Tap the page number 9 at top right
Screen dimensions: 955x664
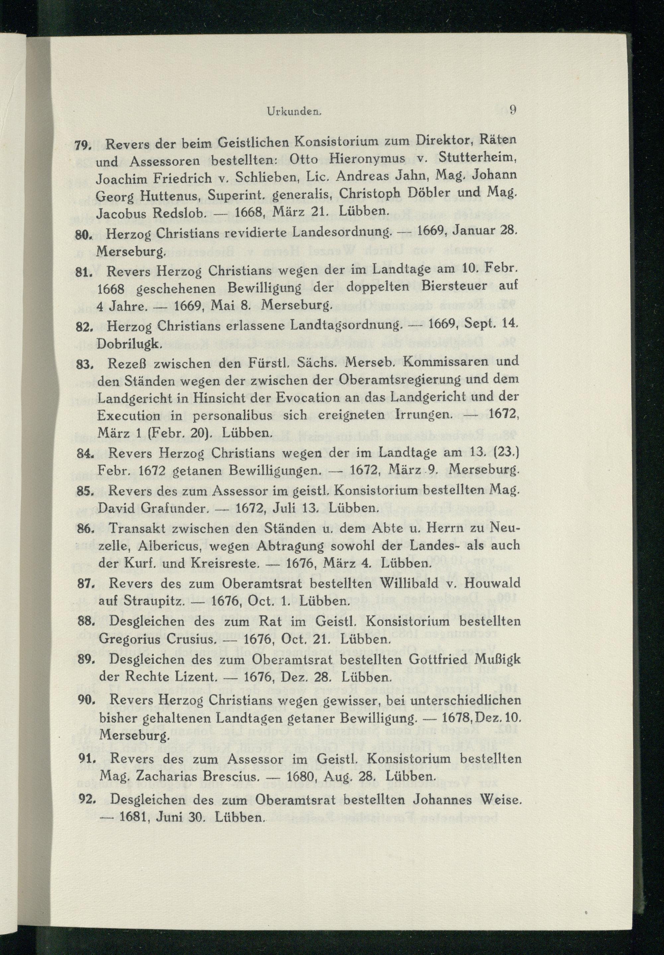point(513,110)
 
